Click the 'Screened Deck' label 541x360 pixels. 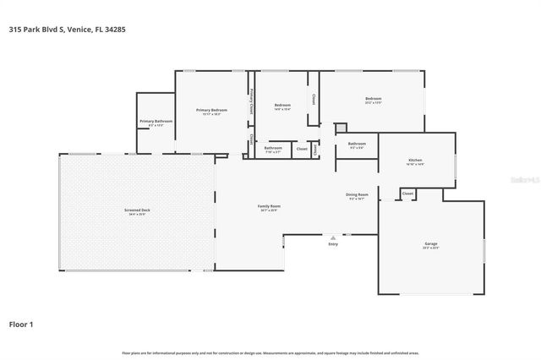[136, 210]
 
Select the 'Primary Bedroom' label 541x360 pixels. [211, 110]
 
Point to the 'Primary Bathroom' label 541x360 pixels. [156, 121]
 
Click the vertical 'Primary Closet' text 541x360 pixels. [251, 104]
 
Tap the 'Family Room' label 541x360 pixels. [269, 206]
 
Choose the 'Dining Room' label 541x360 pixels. [357, 194]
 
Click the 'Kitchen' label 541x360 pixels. [415, 160]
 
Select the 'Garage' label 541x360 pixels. [430, 244]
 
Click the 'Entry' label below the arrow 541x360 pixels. [333, 244]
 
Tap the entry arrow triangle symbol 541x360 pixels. [333, 237]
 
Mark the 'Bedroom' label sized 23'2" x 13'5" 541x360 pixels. [373, 99]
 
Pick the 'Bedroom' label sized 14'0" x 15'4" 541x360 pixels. [281, 105]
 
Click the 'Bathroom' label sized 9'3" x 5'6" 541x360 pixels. [357, 144]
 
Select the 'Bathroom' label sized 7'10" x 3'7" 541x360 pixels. [272, 148]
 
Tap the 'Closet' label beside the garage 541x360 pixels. [407, 194]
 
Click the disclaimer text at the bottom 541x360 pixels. [270, 352]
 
